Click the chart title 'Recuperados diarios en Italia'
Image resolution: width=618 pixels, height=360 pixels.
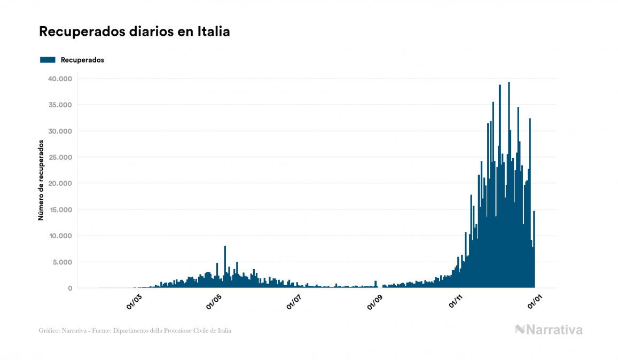(x=135, y=32)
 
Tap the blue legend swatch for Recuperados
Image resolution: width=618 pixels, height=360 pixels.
(x=48, y=60)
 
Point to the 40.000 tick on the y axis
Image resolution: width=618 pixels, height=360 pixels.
(x=60, y=79)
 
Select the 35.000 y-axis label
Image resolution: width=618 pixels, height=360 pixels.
(x=60, y=105)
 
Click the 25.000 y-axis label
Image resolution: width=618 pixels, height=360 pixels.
(x=60, y=158)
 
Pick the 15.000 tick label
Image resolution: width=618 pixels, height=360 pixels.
(x=60, y=210)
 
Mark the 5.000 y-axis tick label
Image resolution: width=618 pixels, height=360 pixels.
(x=61, y=262)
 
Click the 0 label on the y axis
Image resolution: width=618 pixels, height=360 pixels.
(x=69, y=288)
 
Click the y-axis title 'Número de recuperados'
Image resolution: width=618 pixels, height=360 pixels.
(x=41, y=180)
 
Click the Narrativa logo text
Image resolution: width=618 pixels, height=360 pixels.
(x=554, y=330)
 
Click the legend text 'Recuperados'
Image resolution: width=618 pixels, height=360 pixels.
(x=82, y=60)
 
